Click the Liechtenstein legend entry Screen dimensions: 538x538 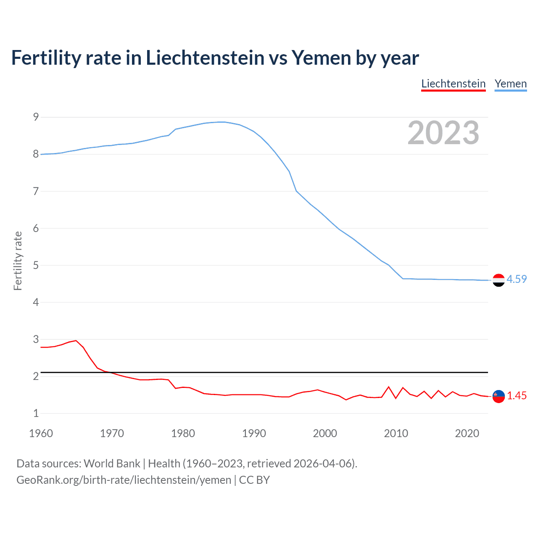pos(453,84)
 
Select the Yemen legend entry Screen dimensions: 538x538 pos(510,84)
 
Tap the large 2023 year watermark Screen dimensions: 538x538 pos(443,133)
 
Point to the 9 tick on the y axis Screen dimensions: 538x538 pos(36,117)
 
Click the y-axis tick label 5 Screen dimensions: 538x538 pos(36,265)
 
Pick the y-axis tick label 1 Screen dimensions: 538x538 pos(36,413)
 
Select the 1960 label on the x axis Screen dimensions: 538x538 pos(41,433)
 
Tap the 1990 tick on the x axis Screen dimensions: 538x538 pos(254,433)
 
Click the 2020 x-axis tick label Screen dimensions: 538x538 pos(467,433)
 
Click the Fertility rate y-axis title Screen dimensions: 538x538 pos(18,261)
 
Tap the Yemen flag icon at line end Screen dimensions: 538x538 pos(498,280)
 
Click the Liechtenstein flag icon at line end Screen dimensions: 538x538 pos(498,396)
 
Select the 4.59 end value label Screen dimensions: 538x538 pos(517,279)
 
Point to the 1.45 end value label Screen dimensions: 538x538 pos(517,396)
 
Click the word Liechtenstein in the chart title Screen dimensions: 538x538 pos(205,58)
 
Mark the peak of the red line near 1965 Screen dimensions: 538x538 pos(76,340)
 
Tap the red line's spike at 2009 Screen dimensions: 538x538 pos(389,387)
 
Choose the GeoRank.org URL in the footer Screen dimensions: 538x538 pos(124,480)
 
